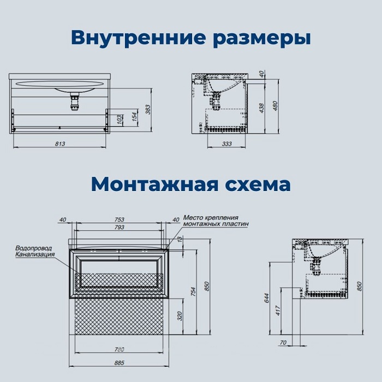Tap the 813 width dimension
click(x=60, y=144)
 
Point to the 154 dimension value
click(x=133, y=117)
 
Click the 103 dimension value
click(x=120, y=120)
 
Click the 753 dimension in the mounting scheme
click(x=120, y=220)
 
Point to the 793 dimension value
click(x=120, y=227)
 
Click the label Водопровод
click(x=34, y=248)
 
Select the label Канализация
click(x=35, y=254)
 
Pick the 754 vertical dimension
click(x=192, y=291)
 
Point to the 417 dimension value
click(x=278, y=311)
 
